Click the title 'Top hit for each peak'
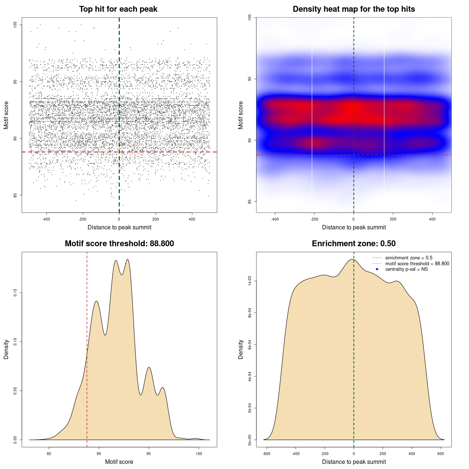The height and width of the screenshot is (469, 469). [x=118, y=9]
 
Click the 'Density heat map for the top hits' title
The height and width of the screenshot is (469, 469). [x=354, y=9]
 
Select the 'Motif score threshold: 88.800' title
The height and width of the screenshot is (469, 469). [x=119, y=244]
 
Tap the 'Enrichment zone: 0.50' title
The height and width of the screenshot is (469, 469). [x=354, y=244]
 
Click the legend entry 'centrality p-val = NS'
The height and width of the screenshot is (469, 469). [x=406, y=269]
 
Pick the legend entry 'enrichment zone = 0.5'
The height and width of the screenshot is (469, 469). [x=409, y=258]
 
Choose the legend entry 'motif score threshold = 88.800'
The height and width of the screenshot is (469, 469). [x=417, y=264]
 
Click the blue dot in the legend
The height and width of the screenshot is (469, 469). [x=377, y=269]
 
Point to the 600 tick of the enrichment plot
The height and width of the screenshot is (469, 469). [x=441, y=454]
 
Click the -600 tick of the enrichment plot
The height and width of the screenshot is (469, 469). [x=266, y=454]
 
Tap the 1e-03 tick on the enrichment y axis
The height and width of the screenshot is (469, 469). [x=250, y=281]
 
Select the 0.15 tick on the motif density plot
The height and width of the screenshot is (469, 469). [x=15, y=293]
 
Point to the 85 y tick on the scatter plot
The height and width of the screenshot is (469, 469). [x=15, y=195]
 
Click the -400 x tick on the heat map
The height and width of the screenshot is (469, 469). [x=275, y=219]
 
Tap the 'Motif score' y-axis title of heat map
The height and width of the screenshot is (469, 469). [x=241, y=115]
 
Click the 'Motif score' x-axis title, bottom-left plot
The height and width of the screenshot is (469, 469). [x=119, y=462]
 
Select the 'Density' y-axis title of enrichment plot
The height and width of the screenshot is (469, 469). [x=241, y=349]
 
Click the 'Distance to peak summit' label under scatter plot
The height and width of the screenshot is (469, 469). [x=119, y=227]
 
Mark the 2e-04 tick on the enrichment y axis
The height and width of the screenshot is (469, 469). [x=250, y=408]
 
